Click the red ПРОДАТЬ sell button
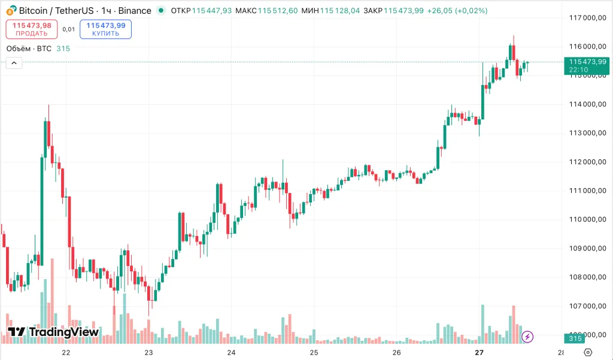point(32,29)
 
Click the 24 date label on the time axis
point(232,353)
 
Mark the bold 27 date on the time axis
point(478,353)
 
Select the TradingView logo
point(53,332)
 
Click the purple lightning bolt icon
point(527,337)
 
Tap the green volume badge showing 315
point(575,339)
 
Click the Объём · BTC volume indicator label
point(29,49)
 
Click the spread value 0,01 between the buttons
point(69,29)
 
